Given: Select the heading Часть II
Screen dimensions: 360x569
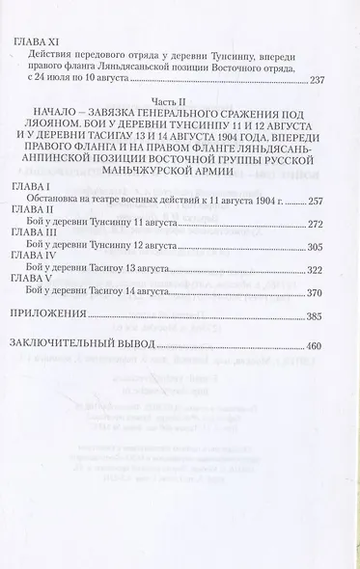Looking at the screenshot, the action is coord(180,127).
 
